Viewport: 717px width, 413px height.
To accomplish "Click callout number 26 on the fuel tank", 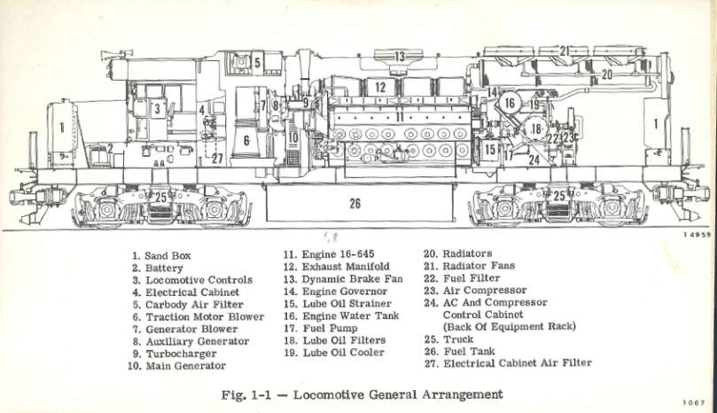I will tap(355, 203).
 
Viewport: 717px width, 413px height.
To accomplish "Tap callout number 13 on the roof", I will tap(400, 58).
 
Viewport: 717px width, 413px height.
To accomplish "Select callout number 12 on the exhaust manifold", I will tap(379, 87).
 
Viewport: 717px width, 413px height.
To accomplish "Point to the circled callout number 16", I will tap(509, 103).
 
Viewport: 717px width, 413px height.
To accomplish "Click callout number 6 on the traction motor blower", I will tap(248, 140).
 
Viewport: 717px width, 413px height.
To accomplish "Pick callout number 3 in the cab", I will tap(157, 109).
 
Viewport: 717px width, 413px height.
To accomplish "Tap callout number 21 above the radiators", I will tap(565, 51).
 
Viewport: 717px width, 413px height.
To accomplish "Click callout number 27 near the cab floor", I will tap(217, 159).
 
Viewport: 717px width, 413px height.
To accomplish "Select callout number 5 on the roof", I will tap(256, 62).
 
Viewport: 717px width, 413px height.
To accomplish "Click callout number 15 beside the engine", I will tap(489, 150).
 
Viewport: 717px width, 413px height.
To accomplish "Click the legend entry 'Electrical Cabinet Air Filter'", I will tap(517, 362).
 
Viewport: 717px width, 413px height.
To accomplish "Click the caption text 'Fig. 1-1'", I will tap(244, 394).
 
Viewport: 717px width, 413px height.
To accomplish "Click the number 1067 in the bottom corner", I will tap(694, 403).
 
